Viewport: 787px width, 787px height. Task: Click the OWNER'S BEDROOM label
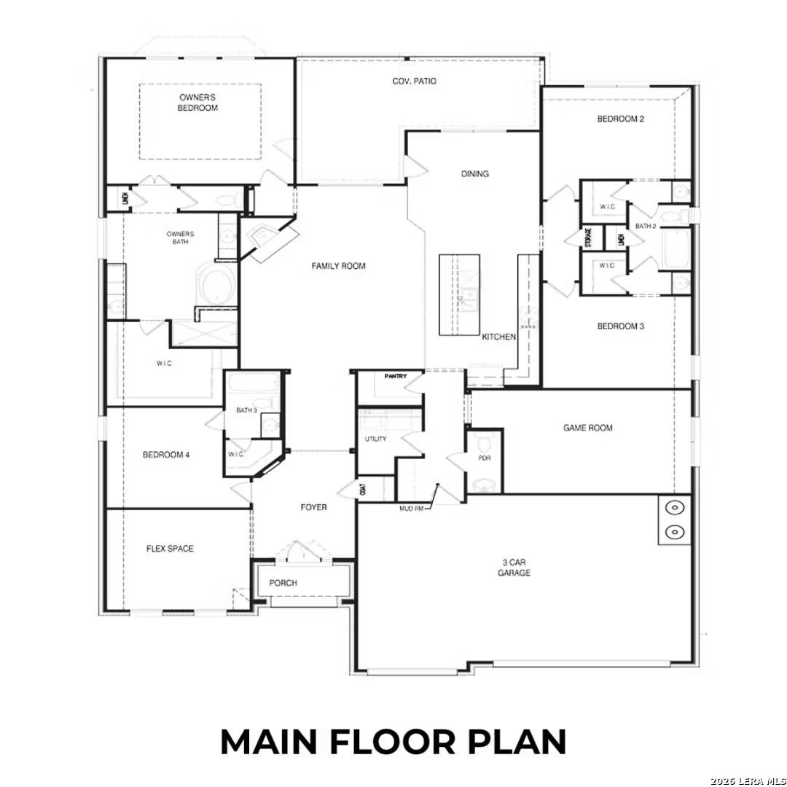click(198, 102)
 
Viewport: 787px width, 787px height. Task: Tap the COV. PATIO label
click(414, 81)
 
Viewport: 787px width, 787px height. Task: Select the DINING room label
click(475, 174)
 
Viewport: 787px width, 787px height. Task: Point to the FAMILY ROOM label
click(338, 266)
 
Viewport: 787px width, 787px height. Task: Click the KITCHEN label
click(499, 337)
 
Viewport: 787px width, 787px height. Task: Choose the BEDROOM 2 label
click(620, 119)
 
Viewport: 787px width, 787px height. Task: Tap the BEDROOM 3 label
click(620, 326)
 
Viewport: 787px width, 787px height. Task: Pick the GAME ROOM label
click(587, 428)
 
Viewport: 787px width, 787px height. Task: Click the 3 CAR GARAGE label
click(515, 568)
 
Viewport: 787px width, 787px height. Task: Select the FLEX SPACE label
click(170, 549)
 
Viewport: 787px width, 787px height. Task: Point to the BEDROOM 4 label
click(166, 455)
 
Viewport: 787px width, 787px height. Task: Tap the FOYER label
click(314, 507)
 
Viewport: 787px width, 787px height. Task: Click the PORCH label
click(283, 583)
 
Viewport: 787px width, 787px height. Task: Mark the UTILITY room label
click(375, 439)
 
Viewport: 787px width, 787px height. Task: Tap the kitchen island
click(459, 294)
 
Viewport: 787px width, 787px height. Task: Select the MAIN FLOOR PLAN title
click(393, 742)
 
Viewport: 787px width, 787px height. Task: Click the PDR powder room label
click(484, 458)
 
